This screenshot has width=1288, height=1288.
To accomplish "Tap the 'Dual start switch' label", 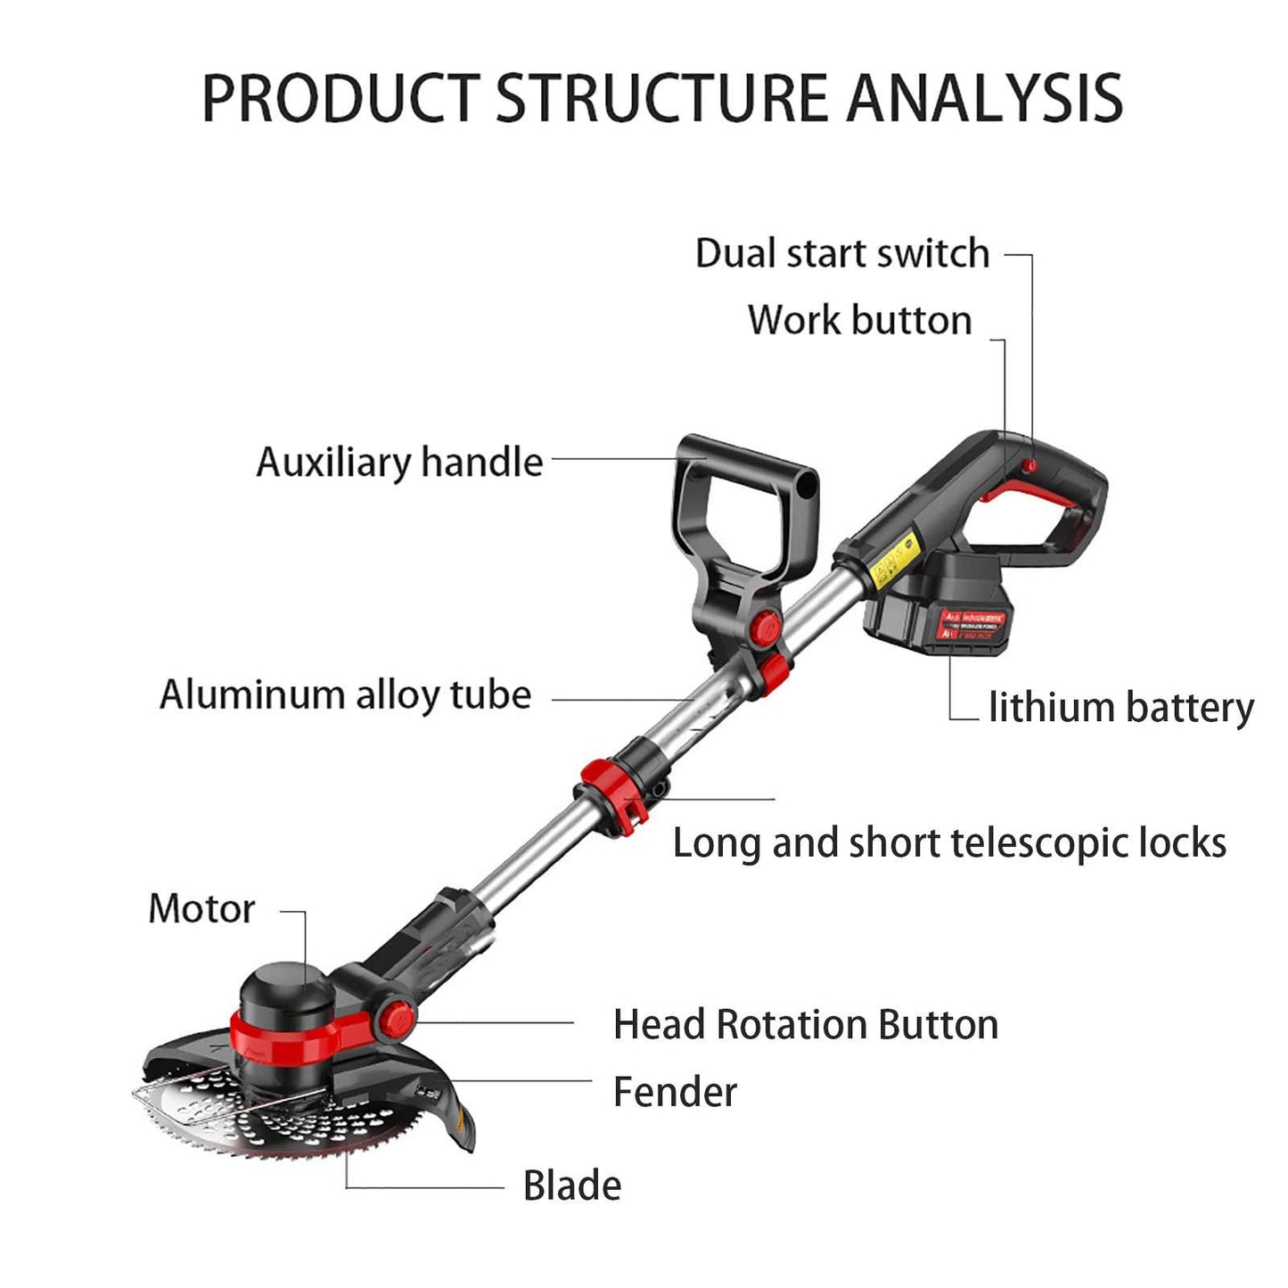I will tap(841, 253).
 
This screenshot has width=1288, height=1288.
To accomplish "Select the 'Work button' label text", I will tap(859, 320).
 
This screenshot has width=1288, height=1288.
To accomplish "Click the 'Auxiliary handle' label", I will tap(399, 462).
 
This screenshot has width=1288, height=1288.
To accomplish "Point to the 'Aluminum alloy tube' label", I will tap(345, 694).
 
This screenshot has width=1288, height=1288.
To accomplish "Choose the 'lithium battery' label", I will tap(1120, 708).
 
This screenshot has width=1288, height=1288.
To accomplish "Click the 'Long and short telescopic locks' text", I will tap(948, 843).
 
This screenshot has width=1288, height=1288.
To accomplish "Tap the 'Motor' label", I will tap(201, 908).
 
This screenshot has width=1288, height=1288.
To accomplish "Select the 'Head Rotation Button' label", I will tap(805, 1024).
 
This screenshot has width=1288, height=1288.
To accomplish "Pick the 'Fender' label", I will tap(675, 1092).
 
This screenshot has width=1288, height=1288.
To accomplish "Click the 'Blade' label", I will tap(571, 1185).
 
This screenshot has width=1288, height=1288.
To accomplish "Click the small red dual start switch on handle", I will tap(1030, 465).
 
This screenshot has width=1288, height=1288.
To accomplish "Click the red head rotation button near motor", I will tap(393, 1017).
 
